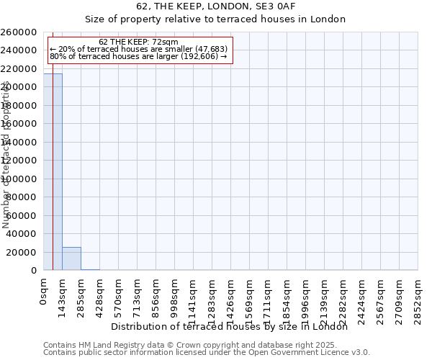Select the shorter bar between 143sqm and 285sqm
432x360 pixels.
(71, 258)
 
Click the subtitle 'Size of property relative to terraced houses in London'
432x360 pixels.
(215, 19)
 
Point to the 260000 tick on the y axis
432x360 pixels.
(19, 32)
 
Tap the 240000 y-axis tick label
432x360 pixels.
(19, 50)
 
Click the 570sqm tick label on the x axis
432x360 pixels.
(118, 295)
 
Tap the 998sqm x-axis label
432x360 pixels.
(174, 295)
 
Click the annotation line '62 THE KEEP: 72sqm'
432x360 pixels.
(138, 42)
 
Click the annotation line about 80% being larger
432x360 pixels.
(138, 56)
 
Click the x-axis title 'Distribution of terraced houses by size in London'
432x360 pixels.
(230, 327)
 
